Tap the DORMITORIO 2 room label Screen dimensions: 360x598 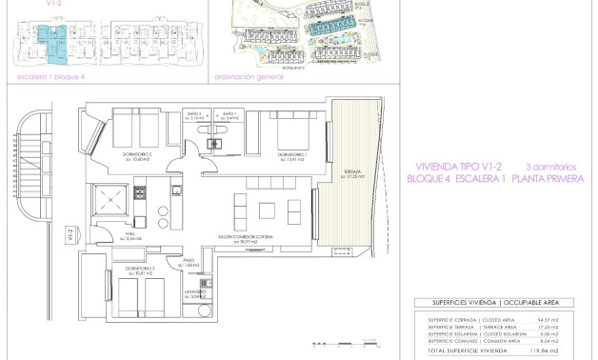(138, 154)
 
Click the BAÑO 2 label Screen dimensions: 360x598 (193, 116)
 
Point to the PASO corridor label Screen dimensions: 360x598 (189, 260)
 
